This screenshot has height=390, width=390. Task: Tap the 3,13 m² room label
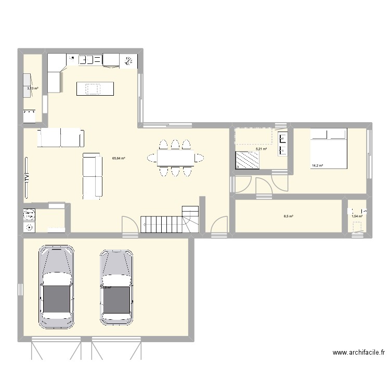[33, 88]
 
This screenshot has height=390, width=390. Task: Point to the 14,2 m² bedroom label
[317, 166]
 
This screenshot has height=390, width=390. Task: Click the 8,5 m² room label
[288, 216]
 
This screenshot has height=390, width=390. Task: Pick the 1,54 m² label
[357, 216]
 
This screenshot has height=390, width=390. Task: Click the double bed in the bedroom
[329, 148]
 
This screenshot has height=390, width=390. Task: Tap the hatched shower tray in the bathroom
[248, 160]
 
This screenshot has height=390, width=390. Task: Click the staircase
[172, 220]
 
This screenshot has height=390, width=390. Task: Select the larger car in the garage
[57, 287]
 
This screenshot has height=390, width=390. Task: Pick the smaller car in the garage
[116, 287]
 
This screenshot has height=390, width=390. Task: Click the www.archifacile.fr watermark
[358, 353]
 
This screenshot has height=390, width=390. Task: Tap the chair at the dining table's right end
[199, 157]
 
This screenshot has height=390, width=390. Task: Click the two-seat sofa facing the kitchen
[61, 138]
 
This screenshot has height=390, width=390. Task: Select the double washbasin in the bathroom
[283, 145]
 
